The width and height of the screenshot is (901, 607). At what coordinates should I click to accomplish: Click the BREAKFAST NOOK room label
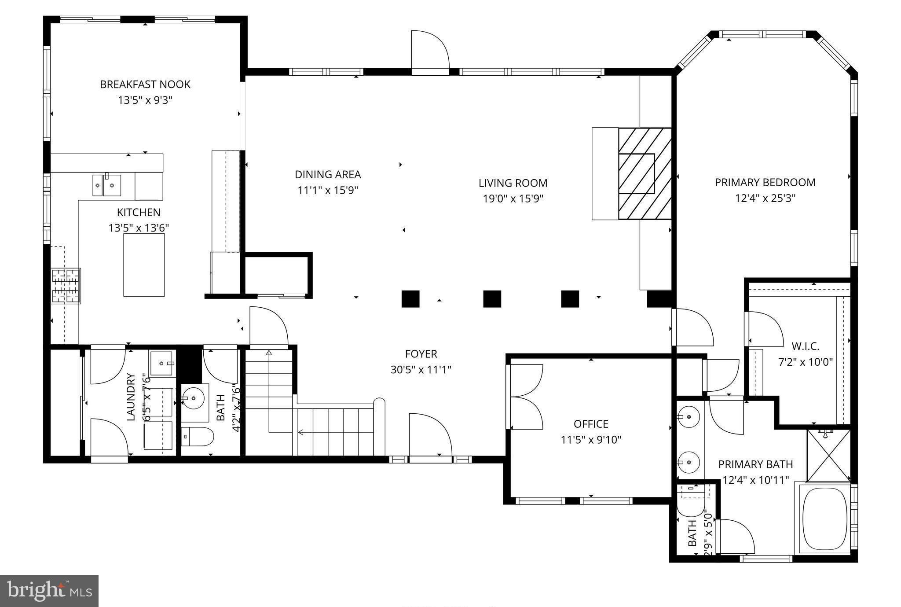(145, 84)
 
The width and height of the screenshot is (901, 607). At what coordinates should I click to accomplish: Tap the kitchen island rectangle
(144, 265)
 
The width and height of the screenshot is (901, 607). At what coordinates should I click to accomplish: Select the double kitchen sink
(106, 185)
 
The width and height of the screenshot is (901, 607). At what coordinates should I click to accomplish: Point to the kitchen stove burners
(66, 286)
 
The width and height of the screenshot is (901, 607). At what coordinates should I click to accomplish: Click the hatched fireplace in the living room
(645, 173)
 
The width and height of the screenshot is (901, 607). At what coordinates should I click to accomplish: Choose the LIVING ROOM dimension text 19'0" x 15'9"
(513, 199)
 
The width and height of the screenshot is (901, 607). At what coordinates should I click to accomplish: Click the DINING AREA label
(328, 174)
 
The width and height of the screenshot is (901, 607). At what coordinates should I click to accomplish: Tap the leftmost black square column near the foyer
(410, 299)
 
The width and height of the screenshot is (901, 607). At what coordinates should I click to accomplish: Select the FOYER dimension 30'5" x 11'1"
(421, 370)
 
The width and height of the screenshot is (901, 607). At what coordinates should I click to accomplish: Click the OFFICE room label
(591, 424)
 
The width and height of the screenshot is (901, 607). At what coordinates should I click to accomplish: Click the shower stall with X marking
(828, 456)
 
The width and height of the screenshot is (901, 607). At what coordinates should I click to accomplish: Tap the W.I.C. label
(805, 346)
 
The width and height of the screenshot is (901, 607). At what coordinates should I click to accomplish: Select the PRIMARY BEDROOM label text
(765, 182)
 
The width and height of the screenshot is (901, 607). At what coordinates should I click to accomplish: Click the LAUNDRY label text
(131, 397)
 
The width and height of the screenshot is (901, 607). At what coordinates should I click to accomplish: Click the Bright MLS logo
(49, 591)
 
